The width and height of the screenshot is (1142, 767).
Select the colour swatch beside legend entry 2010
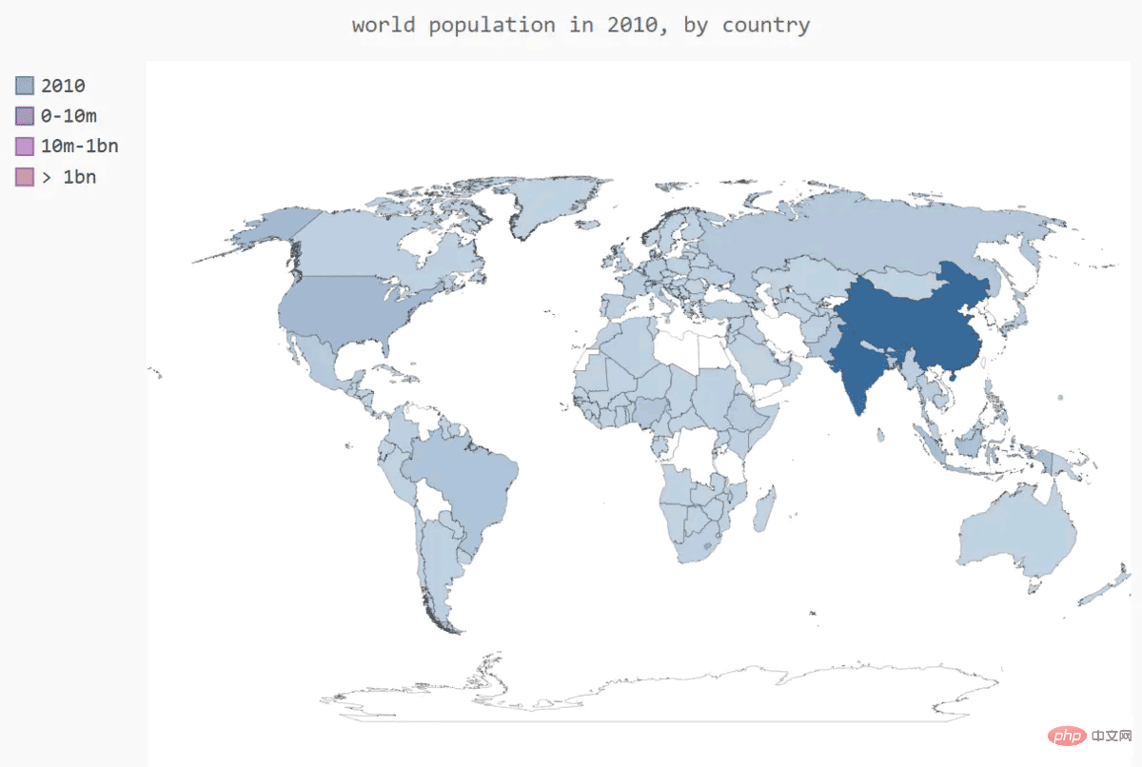click(x=25, y=86)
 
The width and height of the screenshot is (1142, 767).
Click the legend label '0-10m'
click(x=69, y=116)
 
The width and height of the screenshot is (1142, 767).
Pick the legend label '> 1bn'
click(x=69, y=177)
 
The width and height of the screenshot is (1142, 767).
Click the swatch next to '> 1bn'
click(x=25, y=177)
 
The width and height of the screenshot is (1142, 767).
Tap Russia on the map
click(x=856, y=228)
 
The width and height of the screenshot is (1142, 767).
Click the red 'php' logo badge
click(x=1066, y=737)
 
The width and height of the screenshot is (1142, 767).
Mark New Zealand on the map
click(x=1109, y=585)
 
